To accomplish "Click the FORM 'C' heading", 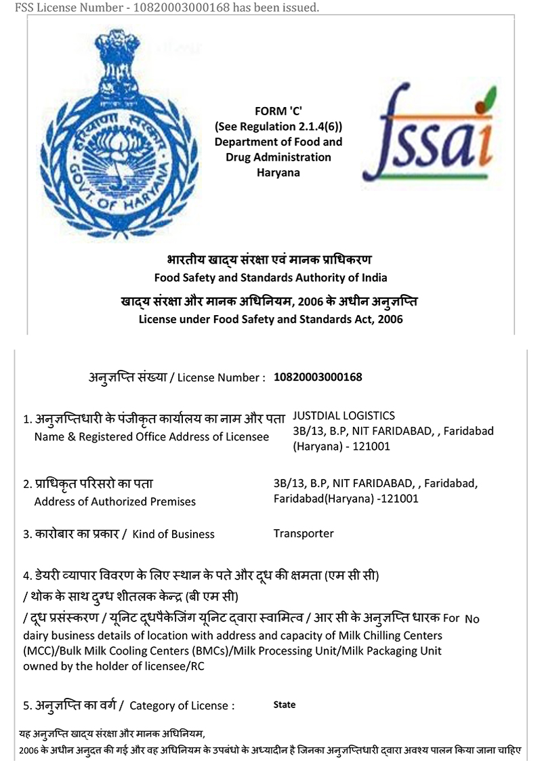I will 278,112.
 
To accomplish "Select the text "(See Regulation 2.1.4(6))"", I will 278,127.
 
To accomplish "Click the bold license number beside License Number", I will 318,377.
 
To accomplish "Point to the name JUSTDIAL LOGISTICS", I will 343,416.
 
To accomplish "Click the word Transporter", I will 304,533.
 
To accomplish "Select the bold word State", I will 285,705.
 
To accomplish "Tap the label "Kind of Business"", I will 173,534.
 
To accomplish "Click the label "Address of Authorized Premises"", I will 114,502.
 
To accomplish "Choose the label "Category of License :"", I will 182,705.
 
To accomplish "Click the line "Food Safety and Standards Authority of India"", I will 271,277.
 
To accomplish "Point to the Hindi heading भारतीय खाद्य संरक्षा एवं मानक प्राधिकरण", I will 270,260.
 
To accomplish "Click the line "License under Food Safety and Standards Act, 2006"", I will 270,318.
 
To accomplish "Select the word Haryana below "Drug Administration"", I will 278,172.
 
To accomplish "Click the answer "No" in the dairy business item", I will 472,619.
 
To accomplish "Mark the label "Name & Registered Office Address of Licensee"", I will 151,437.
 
